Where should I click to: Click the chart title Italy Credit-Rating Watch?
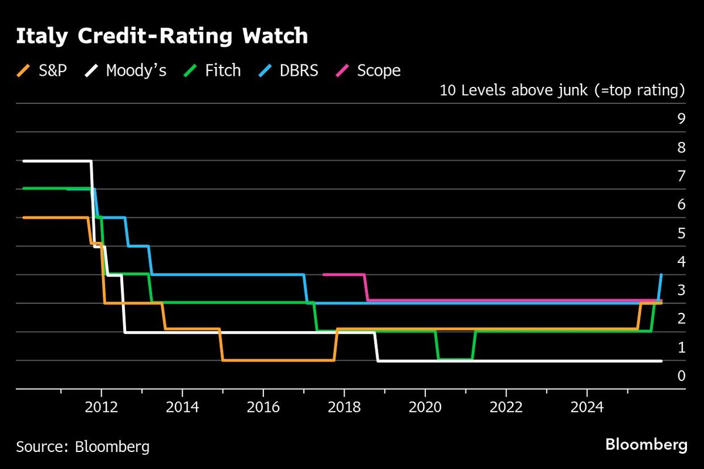click(x=161, y=36)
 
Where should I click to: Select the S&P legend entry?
click(x=45, y=71)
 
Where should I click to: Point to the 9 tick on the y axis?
click(x=681, y=119)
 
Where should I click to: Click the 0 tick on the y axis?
click(x=681, y=376)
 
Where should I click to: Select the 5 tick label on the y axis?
click(x=681, y=233)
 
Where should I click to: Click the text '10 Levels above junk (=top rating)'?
click(x=562, y=91)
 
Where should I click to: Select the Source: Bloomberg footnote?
click(x=83, y=447)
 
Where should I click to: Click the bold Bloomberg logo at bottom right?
click(x=646, y=445)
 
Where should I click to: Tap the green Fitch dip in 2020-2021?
click(x=455, y=358)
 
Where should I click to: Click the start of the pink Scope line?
click(x=324, y=274)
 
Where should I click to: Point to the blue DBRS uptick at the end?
click(x=661, y=288)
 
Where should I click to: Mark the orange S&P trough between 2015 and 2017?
click(x=279, y=360)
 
